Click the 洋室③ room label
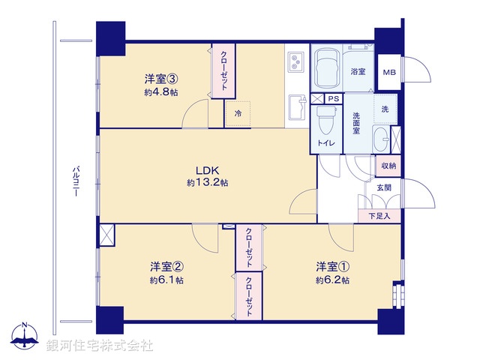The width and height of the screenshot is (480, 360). pyautogui.click(x=160, y=78)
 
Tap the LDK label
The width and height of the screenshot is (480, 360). pyautogui.click(x=207, y=169)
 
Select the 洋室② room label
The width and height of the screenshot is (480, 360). pyautogui.click(x=166, y=267)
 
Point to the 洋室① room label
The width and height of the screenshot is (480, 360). pyautogui.click(x=331, y=267)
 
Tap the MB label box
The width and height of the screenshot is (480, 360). pyautogui.click(x=388, y=72)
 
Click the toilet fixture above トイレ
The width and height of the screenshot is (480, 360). pyautogui.click(x=325, y=120)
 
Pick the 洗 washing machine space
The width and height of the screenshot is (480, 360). pyautogui.click(x=385, y=109)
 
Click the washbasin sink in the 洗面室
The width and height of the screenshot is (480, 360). pyautogui.click(x=382, y=140)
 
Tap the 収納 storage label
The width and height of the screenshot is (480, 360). pyautogui.click(x=388, y=166)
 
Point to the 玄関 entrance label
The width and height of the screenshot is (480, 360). pyautogui.click(x=383, y=187)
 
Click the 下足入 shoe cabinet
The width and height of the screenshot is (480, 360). pyautogui.click(x=383, y=216)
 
